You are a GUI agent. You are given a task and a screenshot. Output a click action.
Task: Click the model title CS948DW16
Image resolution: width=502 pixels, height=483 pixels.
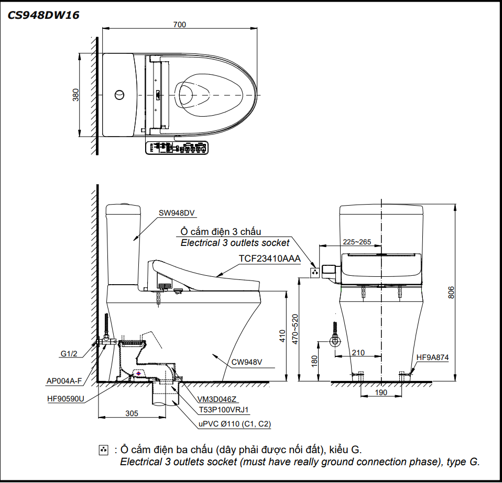click(x=43, y=16)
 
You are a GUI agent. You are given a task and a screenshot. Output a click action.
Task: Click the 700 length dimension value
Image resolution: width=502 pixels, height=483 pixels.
click(x=179, y=24)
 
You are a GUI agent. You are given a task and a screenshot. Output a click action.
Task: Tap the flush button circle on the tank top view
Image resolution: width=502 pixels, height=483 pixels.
click(x=120, y=95)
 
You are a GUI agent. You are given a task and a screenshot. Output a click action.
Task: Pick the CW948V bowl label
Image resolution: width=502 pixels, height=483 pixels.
click(x=247, y=362)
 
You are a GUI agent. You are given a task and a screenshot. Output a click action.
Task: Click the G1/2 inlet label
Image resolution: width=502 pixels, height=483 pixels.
click(x=69, y=354)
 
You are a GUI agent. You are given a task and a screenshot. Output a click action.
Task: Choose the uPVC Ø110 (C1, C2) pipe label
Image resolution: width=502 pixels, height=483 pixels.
click(x=234, y=424)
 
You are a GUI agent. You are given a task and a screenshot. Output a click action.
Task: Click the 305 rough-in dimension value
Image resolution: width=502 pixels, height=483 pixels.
click(x=132, y=413)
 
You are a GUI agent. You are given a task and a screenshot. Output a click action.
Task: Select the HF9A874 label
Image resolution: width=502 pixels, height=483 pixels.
click(x=432, y=357)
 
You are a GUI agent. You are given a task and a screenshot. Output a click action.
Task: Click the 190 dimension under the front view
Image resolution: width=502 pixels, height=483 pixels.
click(x=381, y=392)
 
